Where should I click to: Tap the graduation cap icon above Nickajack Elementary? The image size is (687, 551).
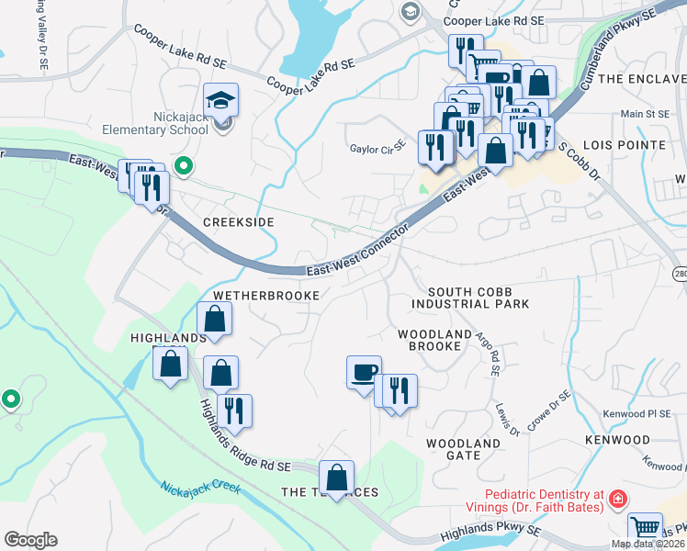click(220, 99)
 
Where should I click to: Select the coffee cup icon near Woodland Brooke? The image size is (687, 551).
click(364, 371)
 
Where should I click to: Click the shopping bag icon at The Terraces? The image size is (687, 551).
click(336, 477)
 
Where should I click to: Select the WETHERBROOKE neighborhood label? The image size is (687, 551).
click(265, 296)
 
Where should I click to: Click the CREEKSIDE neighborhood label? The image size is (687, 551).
click(239, 223)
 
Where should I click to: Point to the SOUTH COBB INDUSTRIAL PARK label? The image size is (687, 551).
click(470, 297)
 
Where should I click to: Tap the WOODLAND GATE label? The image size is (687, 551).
click(464, 449)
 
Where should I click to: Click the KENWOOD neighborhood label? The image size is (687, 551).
click(616, 441)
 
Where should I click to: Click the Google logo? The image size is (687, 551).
click(30, 540)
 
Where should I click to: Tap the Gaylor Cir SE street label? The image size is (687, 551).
click(377, 147)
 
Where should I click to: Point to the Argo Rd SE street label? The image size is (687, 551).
click(488, 354)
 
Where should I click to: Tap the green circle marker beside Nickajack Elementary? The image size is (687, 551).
click(183, 166)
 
